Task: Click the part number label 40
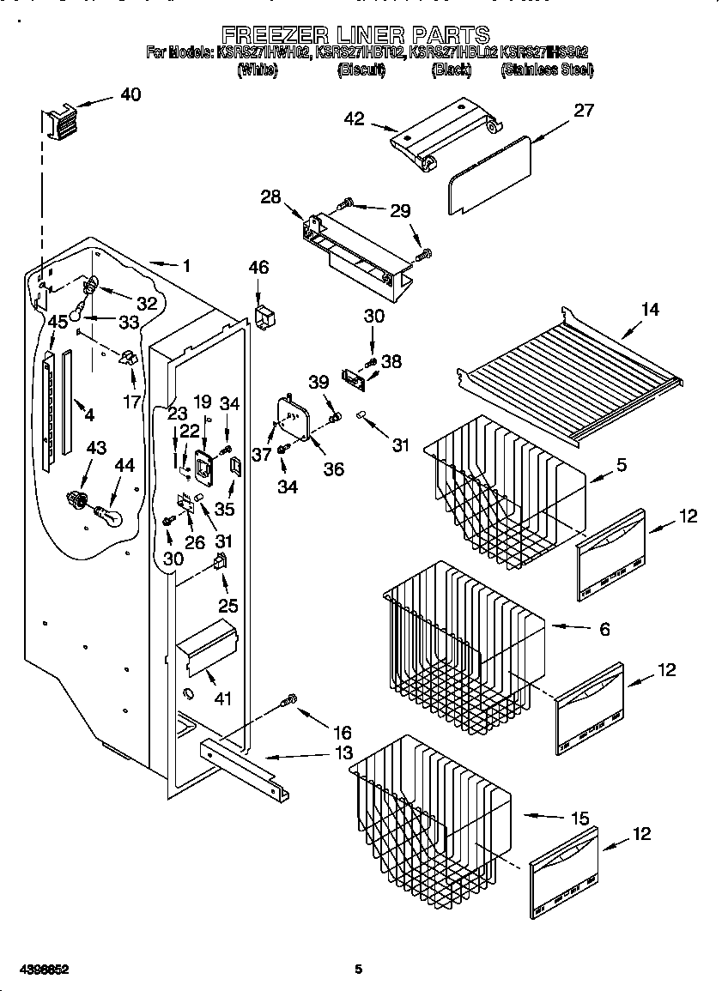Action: tap(130, 94)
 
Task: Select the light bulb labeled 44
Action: tap(109, 516)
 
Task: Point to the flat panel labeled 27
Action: tap(488, 176)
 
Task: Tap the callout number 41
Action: tap(222, 698)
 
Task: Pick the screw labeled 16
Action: tap(289, 701)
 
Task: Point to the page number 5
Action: tap(360, 970)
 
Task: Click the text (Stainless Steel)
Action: tap(546, 70)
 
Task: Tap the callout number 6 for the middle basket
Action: tap(604, 629)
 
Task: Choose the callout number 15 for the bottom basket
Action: tap(580, 819)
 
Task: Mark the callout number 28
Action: tap(270, 197)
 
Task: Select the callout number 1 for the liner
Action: tap(185, 266)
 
